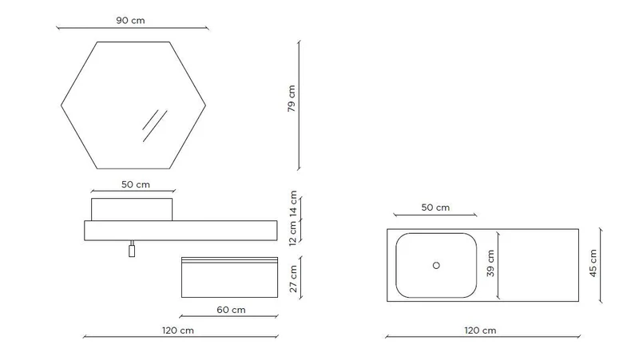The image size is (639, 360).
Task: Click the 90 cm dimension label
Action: [x=130, y=21]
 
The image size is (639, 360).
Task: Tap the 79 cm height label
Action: [x=292, y=98]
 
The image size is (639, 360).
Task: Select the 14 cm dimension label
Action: [x=293, y=204]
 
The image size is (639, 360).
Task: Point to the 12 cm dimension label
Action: [x=293, y=234]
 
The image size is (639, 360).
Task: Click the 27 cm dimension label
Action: [x=293, y=279]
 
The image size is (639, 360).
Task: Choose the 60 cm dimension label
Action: [x=231, y=310]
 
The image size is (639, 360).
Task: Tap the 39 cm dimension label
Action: [x=490, y=263]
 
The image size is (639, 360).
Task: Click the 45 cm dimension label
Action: [x=593, y=263]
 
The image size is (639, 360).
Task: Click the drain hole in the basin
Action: [x=436, y=266]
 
